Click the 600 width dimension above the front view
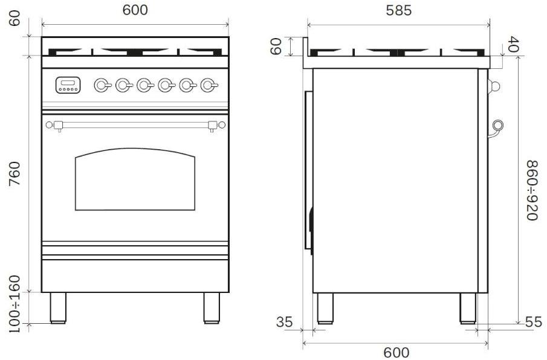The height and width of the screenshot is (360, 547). pyautogui.click(x=135, y=10)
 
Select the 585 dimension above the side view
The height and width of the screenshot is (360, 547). pyautogui.click(x=399, y=10)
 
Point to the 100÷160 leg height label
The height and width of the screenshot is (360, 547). pyautogui.click(x=15, y=304)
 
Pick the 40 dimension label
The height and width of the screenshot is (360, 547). pyautogui.click(x=513, y=43)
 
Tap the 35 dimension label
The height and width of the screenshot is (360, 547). pyautogui.click(x=284, y=322)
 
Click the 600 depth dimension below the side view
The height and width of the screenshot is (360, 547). pyautogui.click(x=396, y=352)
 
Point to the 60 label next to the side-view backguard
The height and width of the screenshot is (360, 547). pyautogui.click(x=276, y=47)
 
